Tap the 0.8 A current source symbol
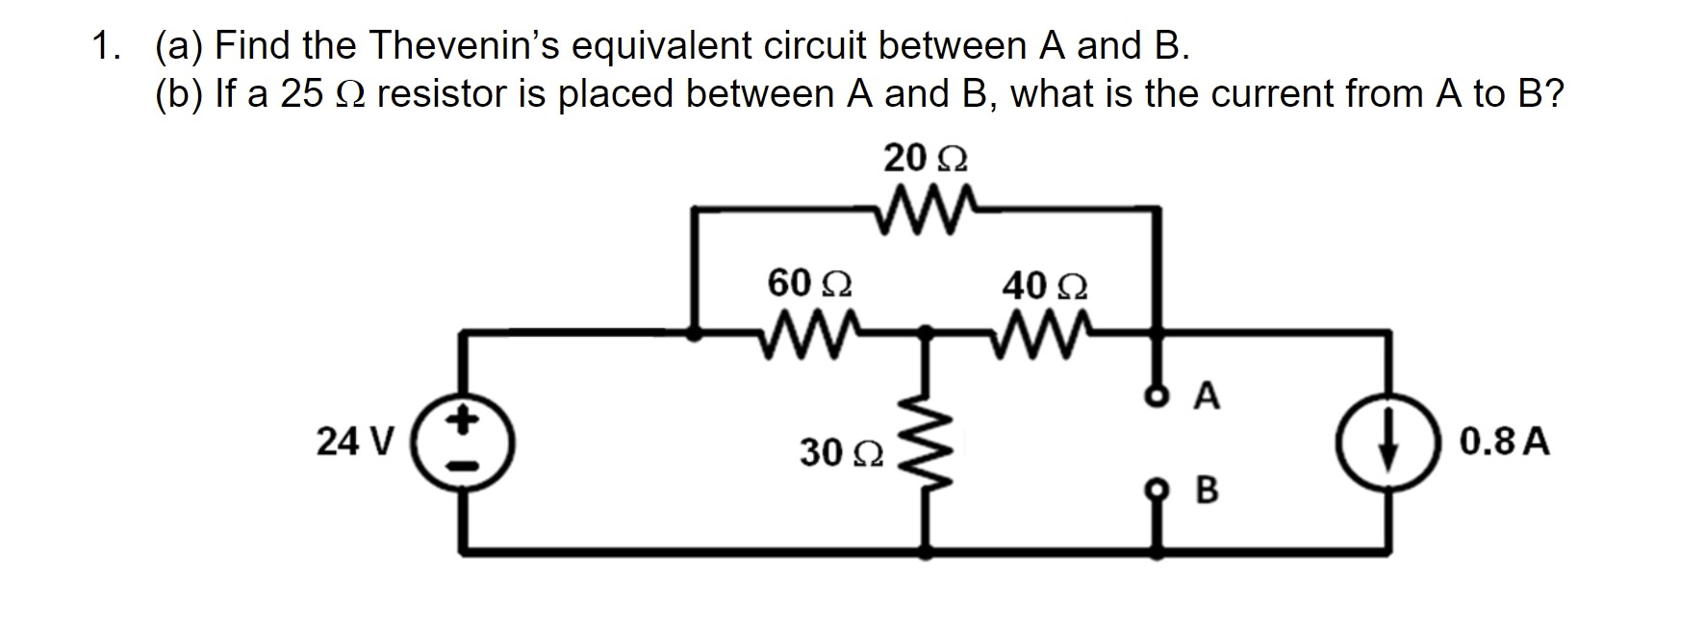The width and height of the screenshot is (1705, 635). tap(1387, 444)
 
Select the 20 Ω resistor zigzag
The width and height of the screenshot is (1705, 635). tap(926, 205)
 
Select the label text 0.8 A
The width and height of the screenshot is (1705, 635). tap(1504, 443)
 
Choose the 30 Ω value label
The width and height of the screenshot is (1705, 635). tap(841, 452)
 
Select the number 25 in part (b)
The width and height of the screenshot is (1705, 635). tap(301, 93)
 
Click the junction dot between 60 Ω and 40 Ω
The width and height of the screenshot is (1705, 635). tap(926, 333)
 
